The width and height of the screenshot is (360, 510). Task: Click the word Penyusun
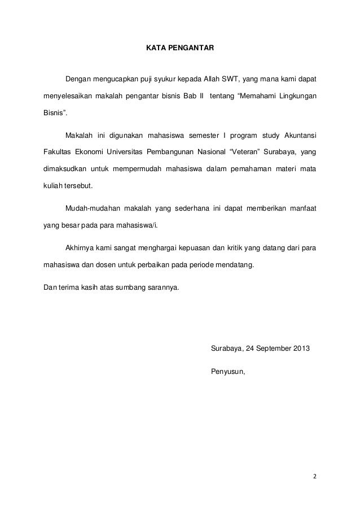(228, 371)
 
